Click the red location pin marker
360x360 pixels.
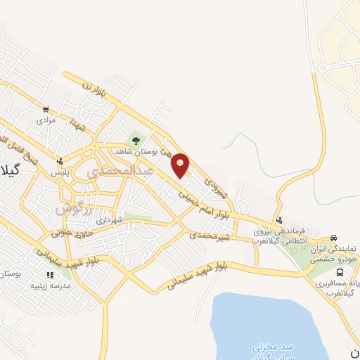point(181,165)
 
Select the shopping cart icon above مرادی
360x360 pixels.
point(46,109)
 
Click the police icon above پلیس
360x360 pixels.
point(61,160)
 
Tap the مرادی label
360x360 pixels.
point(46,120)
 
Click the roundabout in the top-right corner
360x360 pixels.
point(324,68)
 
